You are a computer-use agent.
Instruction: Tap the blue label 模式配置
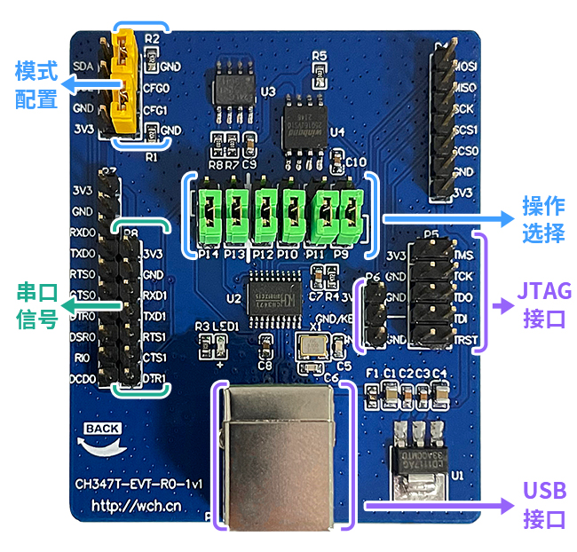pos(36,84)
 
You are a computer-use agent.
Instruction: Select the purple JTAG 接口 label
pos(543,304)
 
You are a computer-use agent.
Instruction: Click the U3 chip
pos(233,86)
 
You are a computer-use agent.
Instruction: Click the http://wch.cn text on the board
pos(137,507)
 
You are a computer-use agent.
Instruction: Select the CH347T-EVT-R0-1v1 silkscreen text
pos(139,485)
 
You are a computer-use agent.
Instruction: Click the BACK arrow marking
pos(102,436)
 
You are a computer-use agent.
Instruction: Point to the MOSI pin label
pos(464,65)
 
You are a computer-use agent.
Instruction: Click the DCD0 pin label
pos(83,380)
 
